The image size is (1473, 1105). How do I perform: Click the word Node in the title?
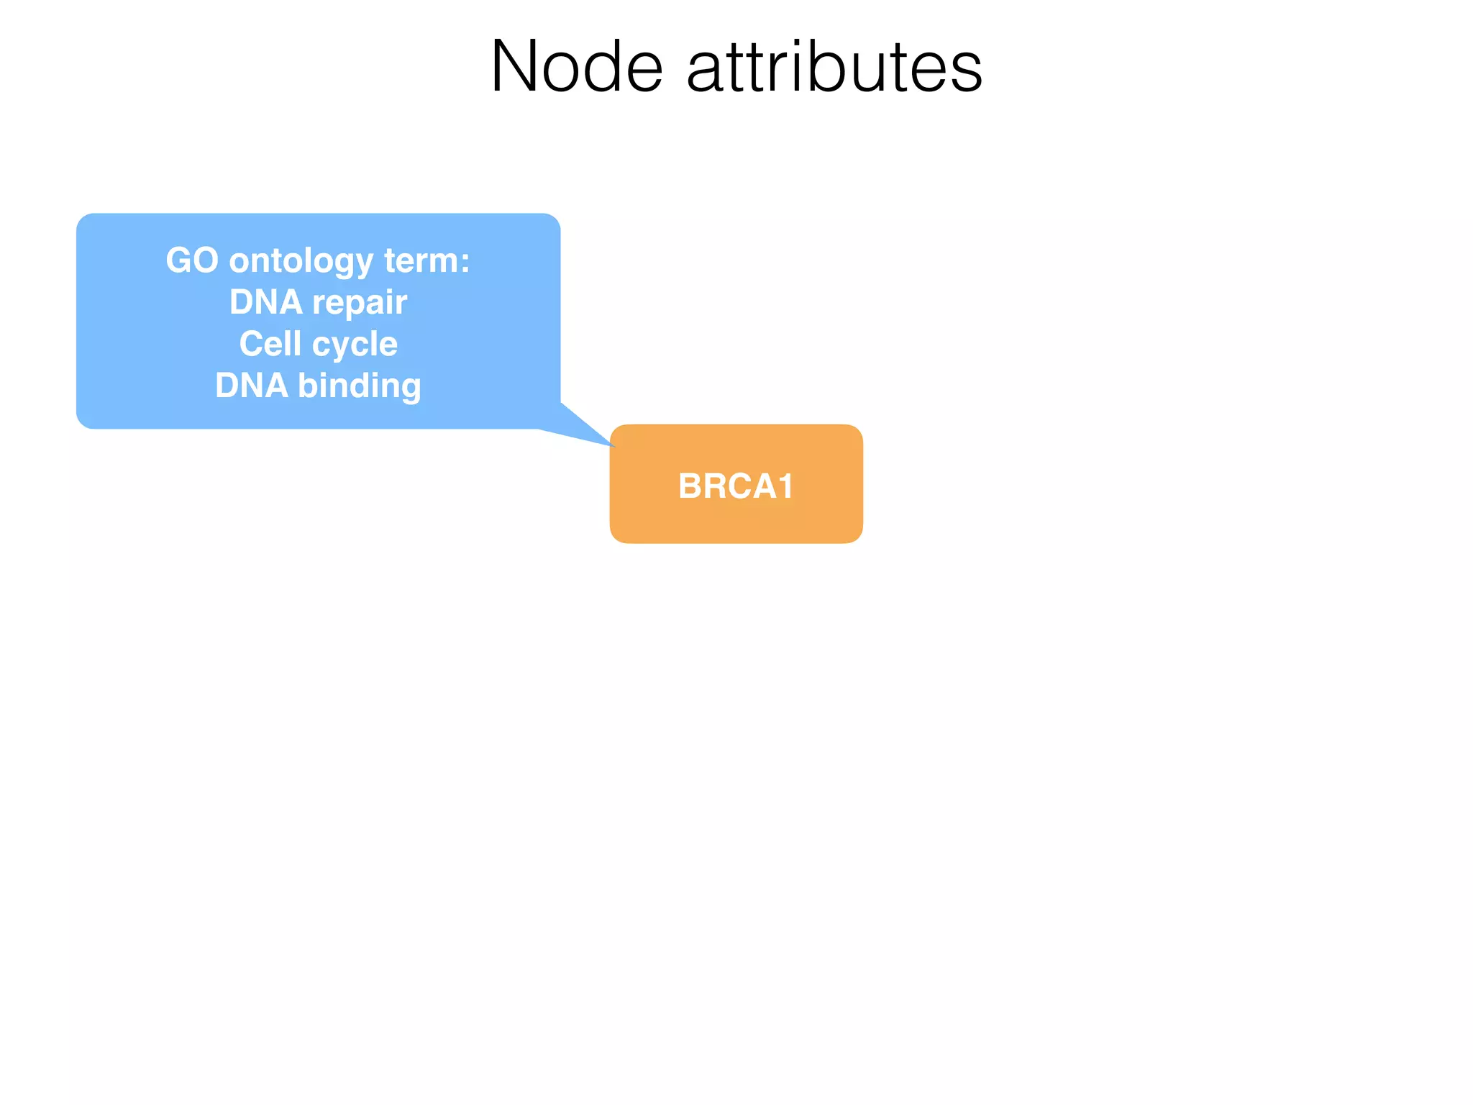coord(576,68)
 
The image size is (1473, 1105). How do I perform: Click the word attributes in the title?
coord(834,68)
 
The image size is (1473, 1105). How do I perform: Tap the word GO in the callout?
coord(192,260)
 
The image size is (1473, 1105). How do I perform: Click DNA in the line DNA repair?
coord(265,302)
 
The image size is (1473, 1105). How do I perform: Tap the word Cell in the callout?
coord(270,344)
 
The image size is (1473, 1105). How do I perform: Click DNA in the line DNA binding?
coord(252,386)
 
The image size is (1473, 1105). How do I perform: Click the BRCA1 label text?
coord(736,486)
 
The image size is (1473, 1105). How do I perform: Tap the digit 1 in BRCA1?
coord(785,486)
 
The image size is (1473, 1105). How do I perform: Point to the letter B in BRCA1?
coord(690,486)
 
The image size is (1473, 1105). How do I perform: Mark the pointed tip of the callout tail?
coord(614,445)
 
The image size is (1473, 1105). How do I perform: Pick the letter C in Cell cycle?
coord(251,344)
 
